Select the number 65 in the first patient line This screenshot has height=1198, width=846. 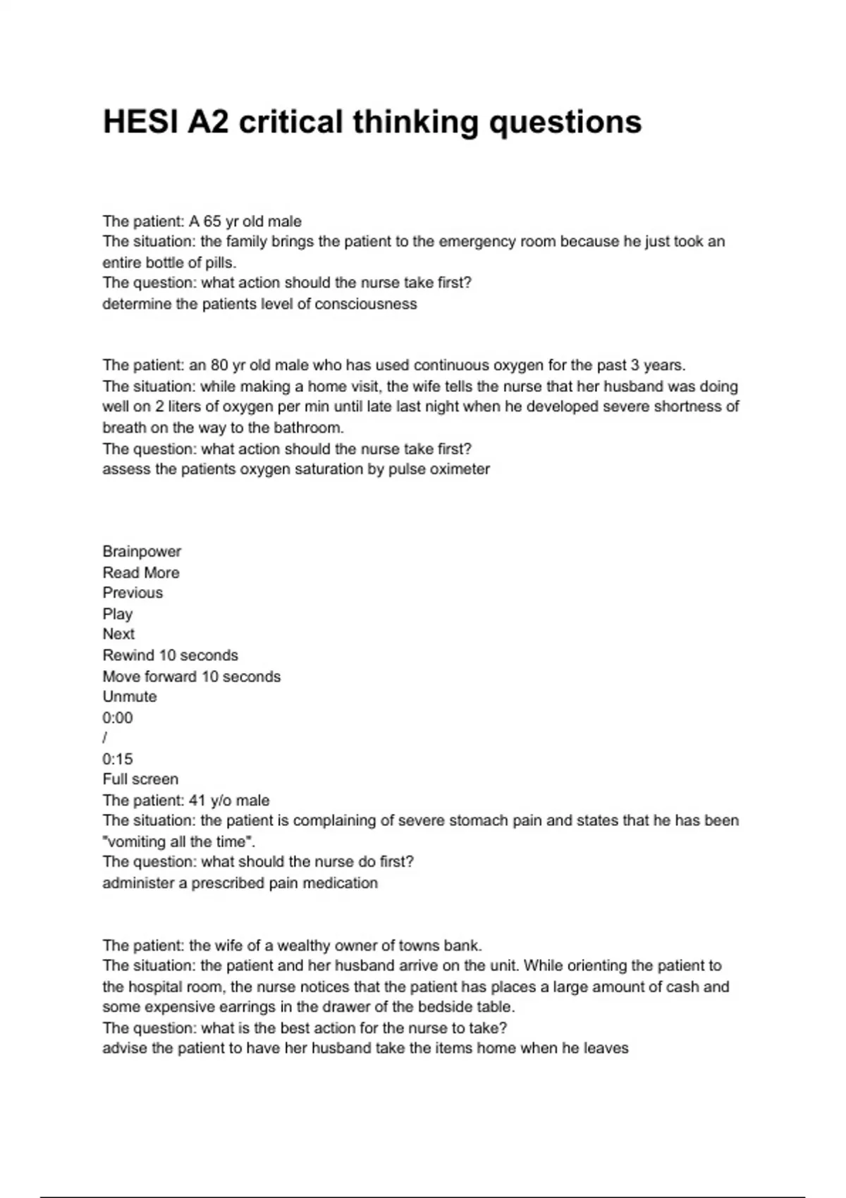pyautogui.click(x=212, y=221)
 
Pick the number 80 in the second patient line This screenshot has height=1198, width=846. pyautogui.click(x=220, y=365)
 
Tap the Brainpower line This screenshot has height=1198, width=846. pyautogui.click(x=142, y=552)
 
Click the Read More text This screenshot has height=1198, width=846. pyautogui.click(x=141, y=573)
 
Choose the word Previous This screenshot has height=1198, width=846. pyautogui.click(x=133, y=593)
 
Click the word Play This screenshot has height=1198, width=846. pyautogui.click(x=117, y=614)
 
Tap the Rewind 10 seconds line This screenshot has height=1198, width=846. pyautogui.click(x=170, y=655)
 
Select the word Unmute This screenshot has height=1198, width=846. pyautogui.click(x=130, y=697)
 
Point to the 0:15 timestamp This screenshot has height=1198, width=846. pyautogui.click(x=117, y=759)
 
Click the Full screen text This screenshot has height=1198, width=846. pyautogui.click(x=140, y=779)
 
